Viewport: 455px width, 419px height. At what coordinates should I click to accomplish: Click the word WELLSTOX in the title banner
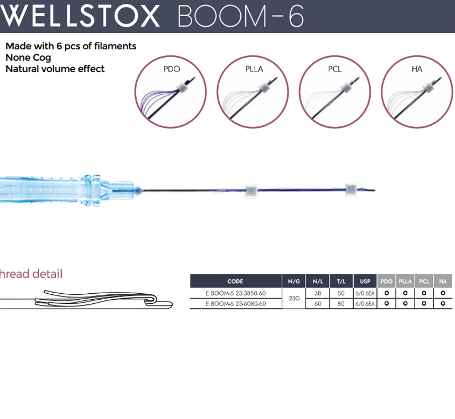click(80, 16)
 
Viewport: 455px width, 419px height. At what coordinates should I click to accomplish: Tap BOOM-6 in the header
click(241, 16)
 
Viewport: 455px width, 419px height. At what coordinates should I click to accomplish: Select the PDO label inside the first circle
click(172, 69)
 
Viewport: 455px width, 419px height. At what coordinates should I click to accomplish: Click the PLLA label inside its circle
click(254, 69)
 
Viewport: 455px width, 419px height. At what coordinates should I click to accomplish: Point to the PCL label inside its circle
click(335, 69)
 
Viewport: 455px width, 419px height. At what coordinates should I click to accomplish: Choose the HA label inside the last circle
click(417, 69)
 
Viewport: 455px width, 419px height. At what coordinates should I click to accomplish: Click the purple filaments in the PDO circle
click(157, 100)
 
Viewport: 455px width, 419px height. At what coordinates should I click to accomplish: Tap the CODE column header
click(235, 281)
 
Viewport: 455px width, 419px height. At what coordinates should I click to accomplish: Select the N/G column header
click(294, 281)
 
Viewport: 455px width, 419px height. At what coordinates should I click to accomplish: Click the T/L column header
click(341, 281)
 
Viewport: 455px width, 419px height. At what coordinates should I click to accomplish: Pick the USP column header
click(365, 281)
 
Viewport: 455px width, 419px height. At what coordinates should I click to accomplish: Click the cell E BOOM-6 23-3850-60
click(236, 293)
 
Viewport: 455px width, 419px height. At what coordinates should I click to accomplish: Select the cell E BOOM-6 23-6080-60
click(236, 304)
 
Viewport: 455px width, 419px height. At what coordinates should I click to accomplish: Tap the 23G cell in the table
click(294, 298)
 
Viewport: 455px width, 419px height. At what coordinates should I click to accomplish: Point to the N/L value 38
click(318, 293)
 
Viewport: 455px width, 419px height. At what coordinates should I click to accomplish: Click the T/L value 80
click(341, 304)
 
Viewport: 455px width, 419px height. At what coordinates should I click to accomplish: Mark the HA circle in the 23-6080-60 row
click(443, 303)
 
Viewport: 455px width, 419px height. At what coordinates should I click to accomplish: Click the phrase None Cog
click(28, 58)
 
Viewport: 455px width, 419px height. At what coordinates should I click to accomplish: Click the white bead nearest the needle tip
click(351, 190)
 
